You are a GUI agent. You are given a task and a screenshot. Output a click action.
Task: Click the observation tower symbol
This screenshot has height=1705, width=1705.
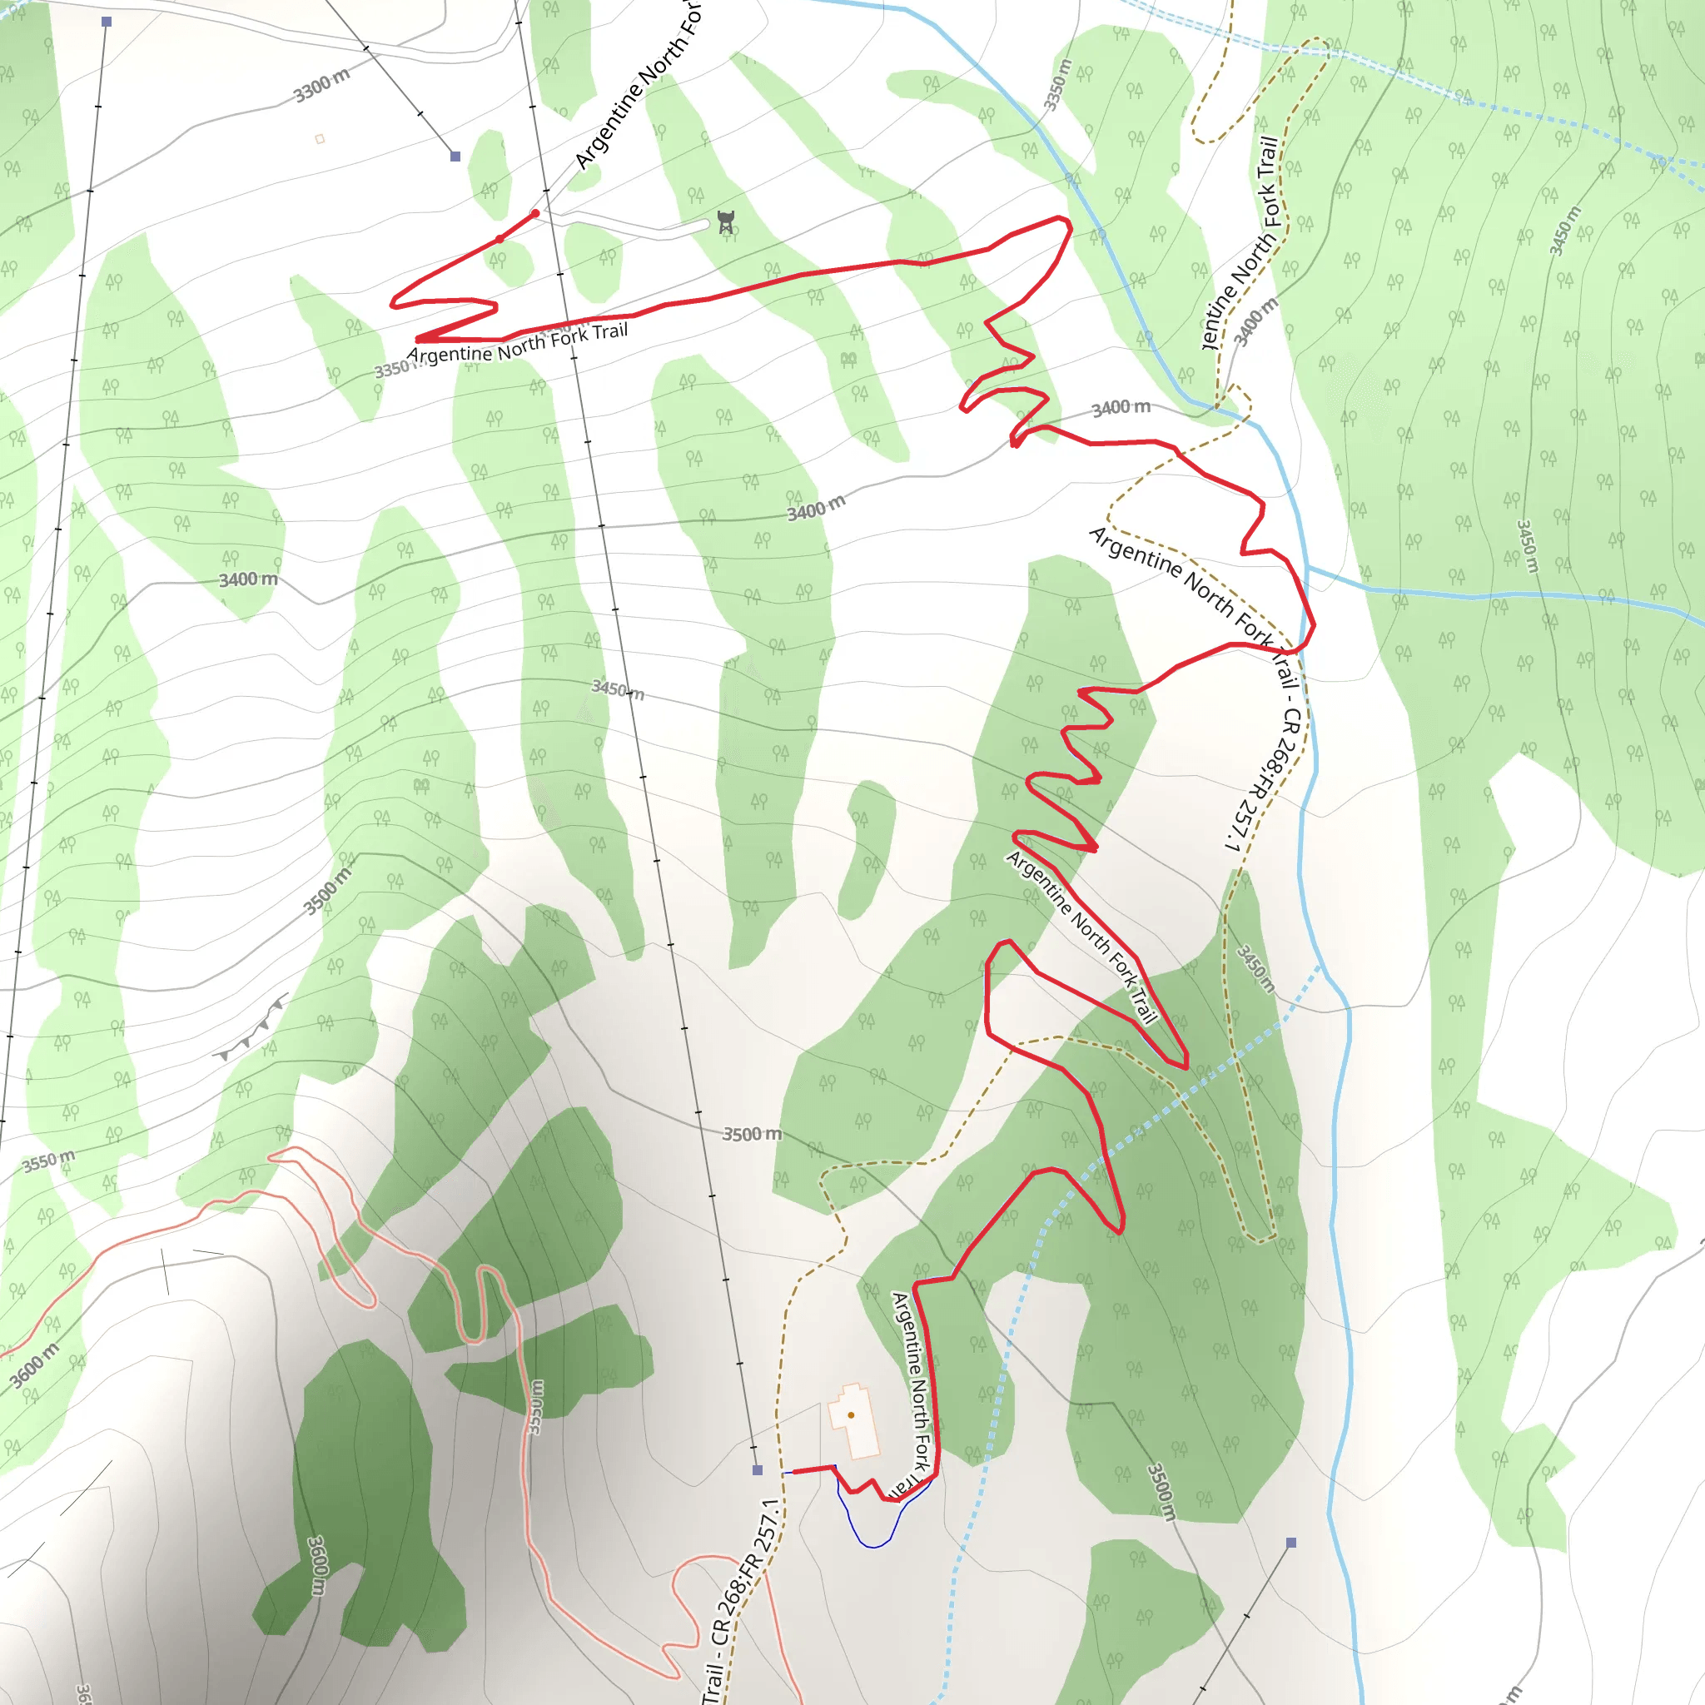point(725,221)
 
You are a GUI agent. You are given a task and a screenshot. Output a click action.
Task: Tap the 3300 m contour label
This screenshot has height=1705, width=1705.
point(321,86)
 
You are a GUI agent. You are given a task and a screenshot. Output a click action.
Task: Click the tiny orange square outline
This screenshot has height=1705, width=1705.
point(320,138)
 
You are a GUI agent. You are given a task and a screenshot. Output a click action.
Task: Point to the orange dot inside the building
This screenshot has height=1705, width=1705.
point(851,1414)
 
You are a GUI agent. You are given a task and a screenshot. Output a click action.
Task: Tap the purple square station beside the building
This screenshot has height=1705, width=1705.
point(758,1470)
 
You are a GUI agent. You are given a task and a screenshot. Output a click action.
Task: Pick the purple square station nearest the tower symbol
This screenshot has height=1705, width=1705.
point(455,157)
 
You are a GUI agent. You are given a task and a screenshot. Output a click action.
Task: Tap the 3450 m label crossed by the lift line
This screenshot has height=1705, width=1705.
point(618,689)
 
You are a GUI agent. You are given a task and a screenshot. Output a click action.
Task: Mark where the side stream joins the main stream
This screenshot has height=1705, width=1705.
point(1308,568)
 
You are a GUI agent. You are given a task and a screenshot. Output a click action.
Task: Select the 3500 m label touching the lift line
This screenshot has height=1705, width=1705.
point(751,1134)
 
